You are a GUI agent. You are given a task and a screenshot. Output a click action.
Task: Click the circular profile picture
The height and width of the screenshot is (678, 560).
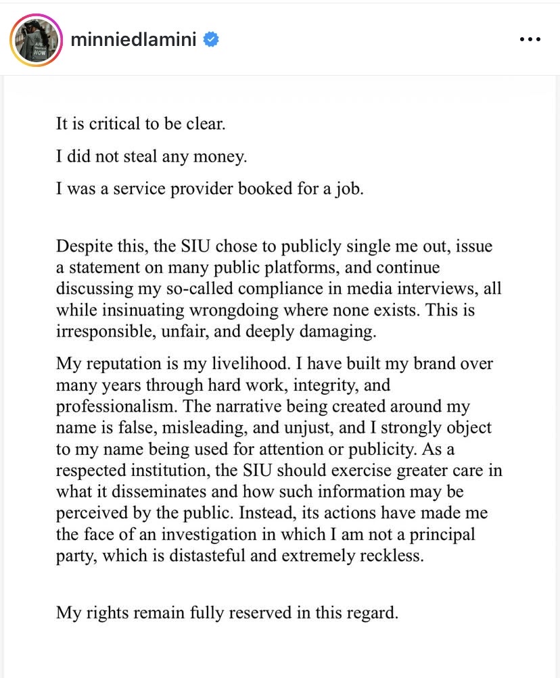[36, 40]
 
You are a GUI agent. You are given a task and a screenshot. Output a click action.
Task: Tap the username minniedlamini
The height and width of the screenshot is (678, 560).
[133, 40]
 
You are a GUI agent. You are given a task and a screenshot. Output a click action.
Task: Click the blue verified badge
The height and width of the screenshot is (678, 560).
[211, 40]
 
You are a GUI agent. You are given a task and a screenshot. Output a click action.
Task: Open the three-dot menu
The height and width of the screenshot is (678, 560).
[530, 40]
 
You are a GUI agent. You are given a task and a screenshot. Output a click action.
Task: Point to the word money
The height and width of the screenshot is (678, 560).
[224, 157]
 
